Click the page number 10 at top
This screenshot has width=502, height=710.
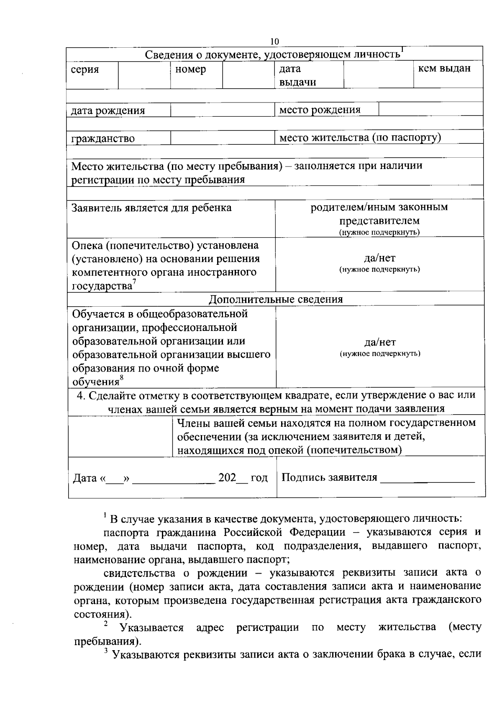274,41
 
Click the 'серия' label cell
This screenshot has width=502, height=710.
85,69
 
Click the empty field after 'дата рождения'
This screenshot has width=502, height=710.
223,110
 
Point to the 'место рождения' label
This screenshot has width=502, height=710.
320,110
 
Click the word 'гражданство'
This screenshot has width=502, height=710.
103,138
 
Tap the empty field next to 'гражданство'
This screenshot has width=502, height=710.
223,138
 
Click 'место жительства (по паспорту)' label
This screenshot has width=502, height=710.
360,138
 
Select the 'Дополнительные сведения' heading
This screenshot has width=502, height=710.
276,299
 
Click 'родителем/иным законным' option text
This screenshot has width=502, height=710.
379,207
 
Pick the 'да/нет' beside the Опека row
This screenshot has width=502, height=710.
379,258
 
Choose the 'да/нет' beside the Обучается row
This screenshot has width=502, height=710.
379,343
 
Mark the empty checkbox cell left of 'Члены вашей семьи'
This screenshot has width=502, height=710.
120,436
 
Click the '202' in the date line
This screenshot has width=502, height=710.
228,478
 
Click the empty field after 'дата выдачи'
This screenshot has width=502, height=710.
378,74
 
